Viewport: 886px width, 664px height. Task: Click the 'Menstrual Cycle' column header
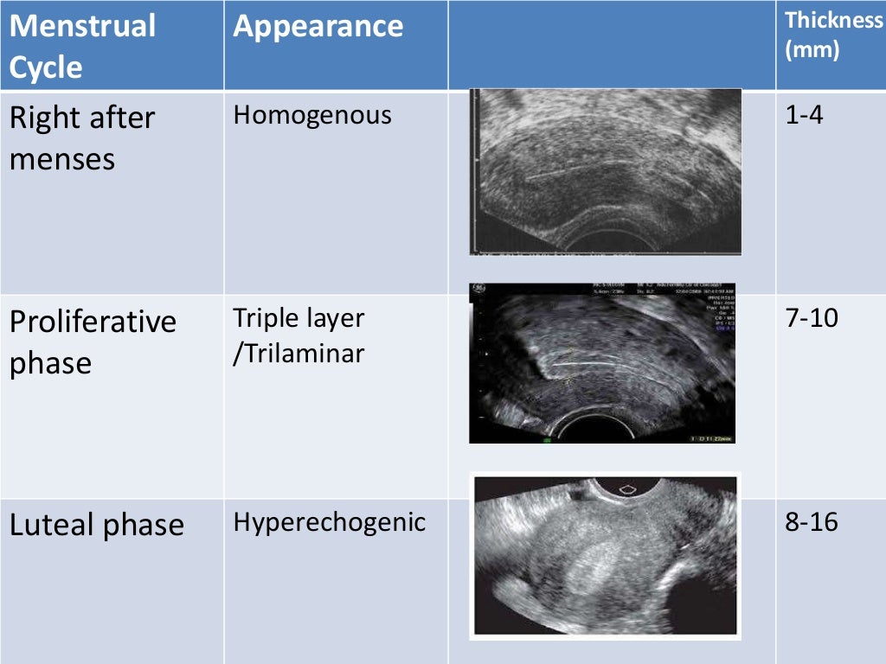tap(82, 46)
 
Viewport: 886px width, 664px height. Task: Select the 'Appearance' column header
tap(318, 26)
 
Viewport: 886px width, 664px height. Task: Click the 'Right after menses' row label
tap(82, 138)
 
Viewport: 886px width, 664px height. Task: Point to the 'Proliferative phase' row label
tap(93, 342)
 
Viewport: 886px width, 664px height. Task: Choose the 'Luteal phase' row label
tap(97, 525)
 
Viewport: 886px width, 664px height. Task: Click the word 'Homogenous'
tap(312, 115)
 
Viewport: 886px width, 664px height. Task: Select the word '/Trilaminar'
tap(299, 353)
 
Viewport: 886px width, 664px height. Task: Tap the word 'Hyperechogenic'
tap(329, 522)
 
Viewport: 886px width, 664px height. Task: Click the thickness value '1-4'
tap(804, 115)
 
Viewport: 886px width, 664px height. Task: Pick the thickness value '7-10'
tap(812, 318)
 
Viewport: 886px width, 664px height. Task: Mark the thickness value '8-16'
tap(812, 522)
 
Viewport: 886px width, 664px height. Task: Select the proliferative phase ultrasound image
tap(602, 363)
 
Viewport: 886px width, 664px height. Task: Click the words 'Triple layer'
tap(299, 318)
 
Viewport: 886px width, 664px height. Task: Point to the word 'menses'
tap(62, 159)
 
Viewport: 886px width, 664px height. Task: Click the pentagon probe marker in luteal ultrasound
tap(629, 488)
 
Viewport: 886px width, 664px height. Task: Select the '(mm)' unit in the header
tap(812, 50)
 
